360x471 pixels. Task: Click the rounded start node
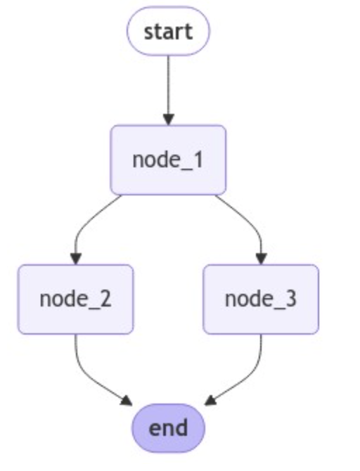coord(168,31)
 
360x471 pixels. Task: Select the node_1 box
coord(168,160)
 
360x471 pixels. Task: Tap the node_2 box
coord(75,299)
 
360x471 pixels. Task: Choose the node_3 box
coord(261,299)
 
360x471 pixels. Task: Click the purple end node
coord(169,427)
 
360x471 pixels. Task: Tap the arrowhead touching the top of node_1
coord(168,120)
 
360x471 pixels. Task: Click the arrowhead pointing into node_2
coord(75,259)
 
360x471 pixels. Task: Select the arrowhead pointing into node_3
coord(261,259)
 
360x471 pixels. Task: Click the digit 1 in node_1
coord(198,160)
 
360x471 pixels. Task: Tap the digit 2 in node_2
coord(105,299)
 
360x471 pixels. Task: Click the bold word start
coord(168,31)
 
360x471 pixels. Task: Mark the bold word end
coord(169,427)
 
